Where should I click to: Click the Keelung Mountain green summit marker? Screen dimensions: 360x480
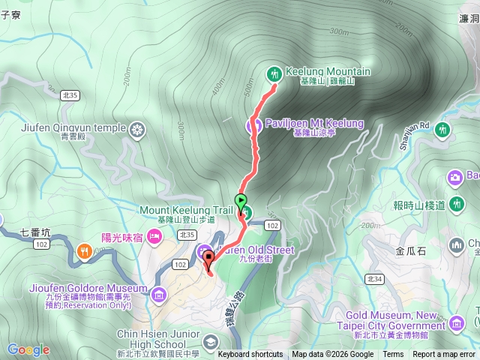(274, 73)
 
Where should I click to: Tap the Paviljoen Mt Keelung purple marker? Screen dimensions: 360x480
(254, 124)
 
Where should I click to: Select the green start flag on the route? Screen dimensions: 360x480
(241, 201)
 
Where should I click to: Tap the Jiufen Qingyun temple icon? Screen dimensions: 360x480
(137, 130)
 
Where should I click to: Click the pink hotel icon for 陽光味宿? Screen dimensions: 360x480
(155, 238)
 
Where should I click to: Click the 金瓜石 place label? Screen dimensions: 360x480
(411, 250)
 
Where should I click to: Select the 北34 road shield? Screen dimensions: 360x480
(374, 279)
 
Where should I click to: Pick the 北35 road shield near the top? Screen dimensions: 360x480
(70, 95)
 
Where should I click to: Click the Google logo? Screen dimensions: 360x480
(28, 349)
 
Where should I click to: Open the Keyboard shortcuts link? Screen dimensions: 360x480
(250, 355)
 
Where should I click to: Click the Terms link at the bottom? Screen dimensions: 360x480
(393, 355)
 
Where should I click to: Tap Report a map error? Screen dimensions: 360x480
(445, 355)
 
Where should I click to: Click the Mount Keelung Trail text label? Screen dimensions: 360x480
(187, 210)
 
